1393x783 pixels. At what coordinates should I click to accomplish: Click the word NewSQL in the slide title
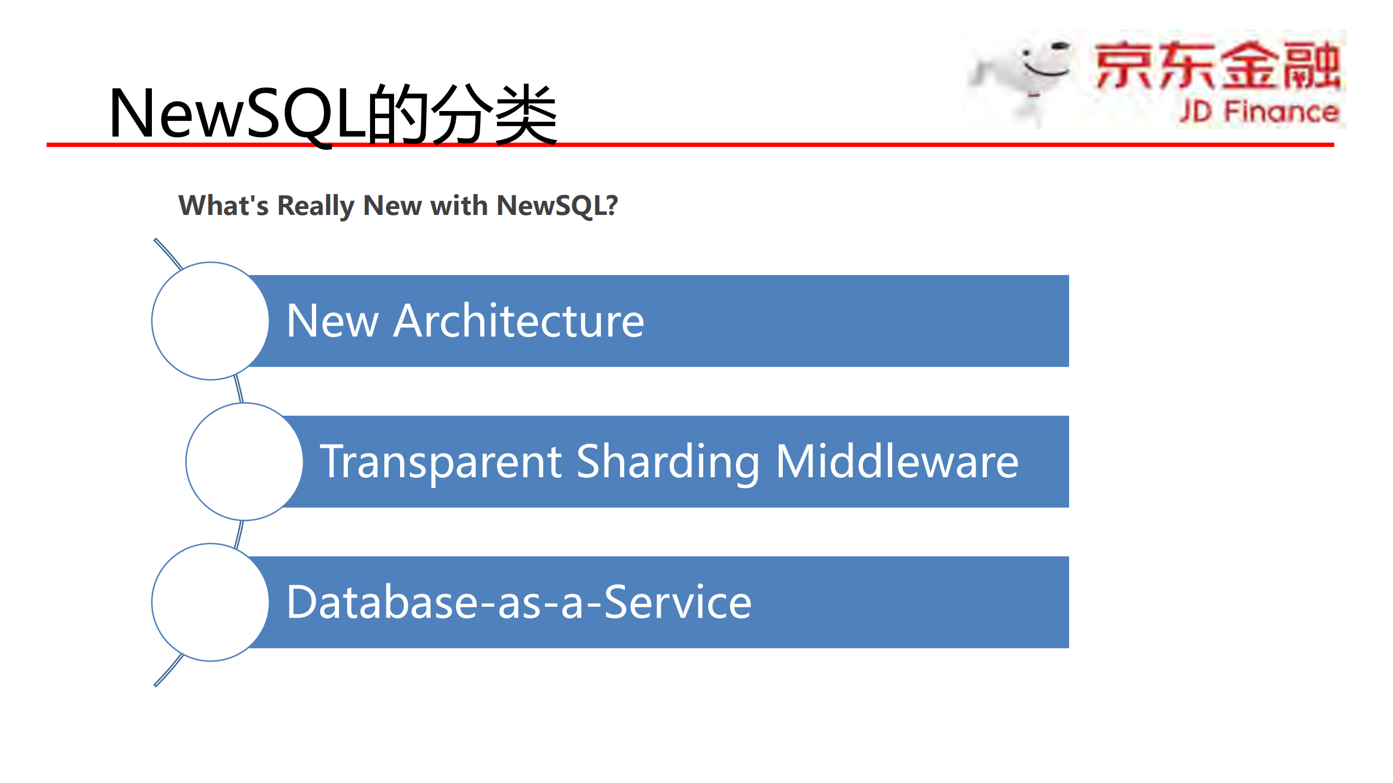(x=237, y=114)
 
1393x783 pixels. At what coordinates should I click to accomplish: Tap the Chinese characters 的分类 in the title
(x=463, y=115)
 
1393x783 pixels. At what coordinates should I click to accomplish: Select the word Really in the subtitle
(x=316, y=206)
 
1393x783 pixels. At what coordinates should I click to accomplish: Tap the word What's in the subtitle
(x=223, y=206)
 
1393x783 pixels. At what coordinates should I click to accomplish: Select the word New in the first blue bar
(x=332, y=321)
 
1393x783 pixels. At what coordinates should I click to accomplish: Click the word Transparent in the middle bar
(x=441, y=462)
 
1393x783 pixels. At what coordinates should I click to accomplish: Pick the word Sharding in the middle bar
(x=667, y=462)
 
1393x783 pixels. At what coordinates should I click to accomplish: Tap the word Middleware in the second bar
(x=897, y=462)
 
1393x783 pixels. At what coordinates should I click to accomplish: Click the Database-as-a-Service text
(x=518, y=602)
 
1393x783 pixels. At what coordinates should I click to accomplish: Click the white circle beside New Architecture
(x=210, y=321)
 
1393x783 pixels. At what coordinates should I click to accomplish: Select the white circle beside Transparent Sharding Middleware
(x=244, y=462)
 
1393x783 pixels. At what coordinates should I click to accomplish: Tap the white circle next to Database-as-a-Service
(x=210, y=602)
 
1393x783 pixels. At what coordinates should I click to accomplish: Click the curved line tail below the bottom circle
(x=168, y=671)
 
